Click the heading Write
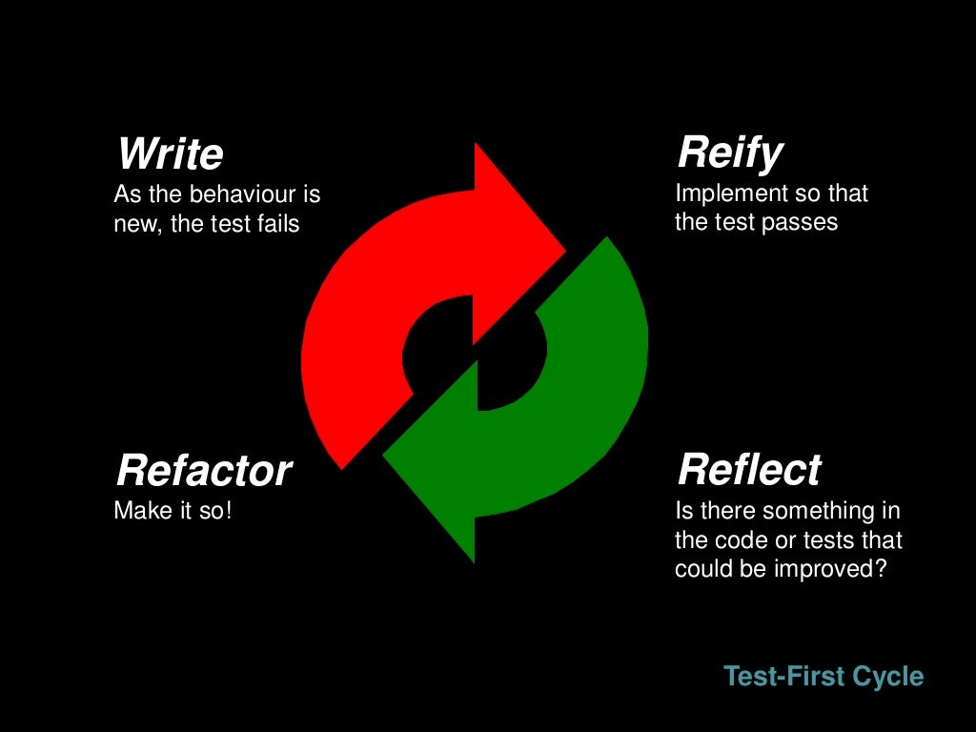point(170,154)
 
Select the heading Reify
point(730,152)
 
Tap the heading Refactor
point(203,471)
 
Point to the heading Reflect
point(749,470)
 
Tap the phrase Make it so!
point(173,511)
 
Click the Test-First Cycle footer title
point(823,677)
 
